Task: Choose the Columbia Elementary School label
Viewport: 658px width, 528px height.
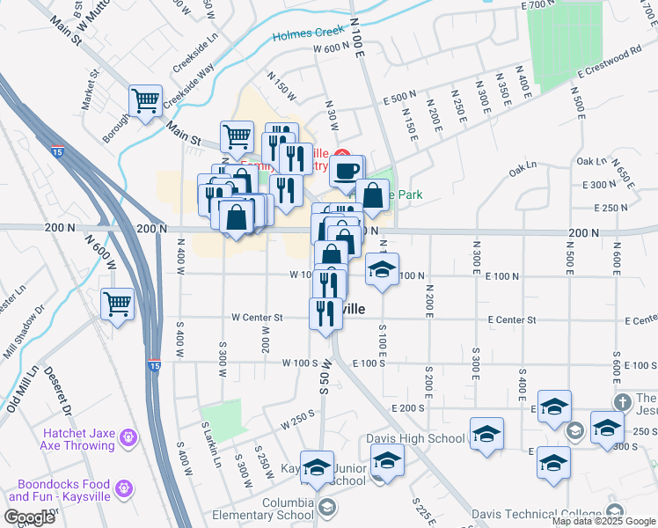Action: click(x=274, y=509)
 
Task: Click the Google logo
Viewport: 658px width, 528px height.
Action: click(x=31, y=517)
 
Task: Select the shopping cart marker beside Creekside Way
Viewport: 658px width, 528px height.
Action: click(x=144, y=100)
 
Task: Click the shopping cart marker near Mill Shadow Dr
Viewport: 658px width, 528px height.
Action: click(x=117, y=304)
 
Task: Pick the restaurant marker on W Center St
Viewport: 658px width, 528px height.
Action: click(x=325, y=314)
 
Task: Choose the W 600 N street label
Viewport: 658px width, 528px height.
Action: click(x=332, y=49)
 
